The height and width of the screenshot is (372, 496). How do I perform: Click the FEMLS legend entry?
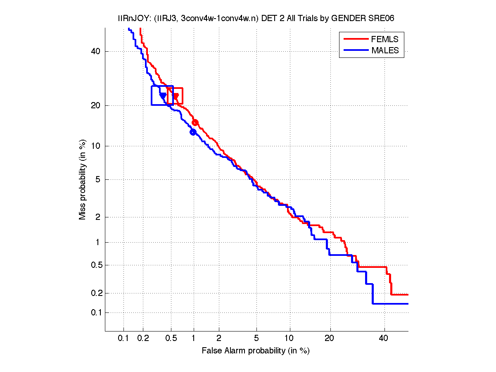pos(384,39)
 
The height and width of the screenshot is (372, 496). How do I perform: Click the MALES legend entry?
pos(385,50)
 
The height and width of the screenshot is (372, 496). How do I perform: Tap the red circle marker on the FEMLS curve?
pos(195,123)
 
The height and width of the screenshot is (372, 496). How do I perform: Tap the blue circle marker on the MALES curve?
pos(193,132)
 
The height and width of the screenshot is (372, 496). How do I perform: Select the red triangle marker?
pos(176,97)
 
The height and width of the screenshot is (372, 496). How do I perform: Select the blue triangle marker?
pos(163,96)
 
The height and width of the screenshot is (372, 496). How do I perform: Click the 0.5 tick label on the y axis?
pos(93,265)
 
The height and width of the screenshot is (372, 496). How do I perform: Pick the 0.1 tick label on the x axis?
pos(123,339)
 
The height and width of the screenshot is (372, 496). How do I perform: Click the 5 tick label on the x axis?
pos(256,339)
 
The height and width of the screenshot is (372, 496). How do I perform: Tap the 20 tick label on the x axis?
pos(329,339)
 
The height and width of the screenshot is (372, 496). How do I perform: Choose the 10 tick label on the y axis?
pos(95,146)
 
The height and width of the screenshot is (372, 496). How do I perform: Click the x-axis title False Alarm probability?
pos(256,351)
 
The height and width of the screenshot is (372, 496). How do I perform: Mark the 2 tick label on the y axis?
pos(97,217)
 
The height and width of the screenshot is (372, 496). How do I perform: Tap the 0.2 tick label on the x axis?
pos(143,339)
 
